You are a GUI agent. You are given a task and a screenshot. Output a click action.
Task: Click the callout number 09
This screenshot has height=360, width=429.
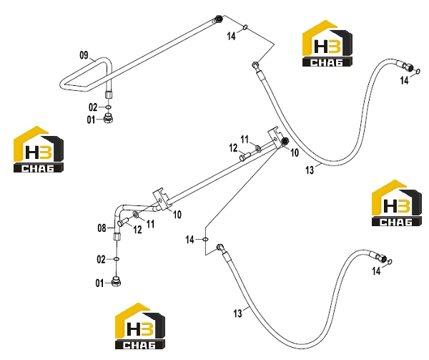[84, 55]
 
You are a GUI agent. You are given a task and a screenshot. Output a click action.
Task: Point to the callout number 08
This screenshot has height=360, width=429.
[102, 228]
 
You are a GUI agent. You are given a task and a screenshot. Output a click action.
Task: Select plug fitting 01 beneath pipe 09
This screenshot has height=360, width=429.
[109, 119]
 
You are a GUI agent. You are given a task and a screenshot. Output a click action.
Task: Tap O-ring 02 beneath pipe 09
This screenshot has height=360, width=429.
[109, 107]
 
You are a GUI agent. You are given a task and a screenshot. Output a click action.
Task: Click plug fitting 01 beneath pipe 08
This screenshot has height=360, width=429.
[117, 282]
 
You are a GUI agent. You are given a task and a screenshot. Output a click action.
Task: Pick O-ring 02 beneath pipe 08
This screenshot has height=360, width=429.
[117, 259]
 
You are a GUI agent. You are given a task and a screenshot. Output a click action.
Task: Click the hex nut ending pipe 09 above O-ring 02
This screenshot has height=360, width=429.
[108, 94]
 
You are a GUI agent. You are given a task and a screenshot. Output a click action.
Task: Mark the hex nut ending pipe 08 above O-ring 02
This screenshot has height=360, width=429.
[116, 236]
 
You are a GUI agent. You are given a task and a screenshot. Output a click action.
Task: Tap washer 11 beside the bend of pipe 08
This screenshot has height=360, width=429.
[136, 215]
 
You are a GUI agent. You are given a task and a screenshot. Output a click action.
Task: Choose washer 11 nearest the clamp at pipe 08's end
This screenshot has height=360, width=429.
[258, 149]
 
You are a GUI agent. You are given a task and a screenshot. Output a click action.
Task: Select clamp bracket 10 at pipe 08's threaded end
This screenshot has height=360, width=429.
[276, 137]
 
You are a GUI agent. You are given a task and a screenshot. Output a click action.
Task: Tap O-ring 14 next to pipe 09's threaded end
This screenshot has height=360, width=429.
[245, 27]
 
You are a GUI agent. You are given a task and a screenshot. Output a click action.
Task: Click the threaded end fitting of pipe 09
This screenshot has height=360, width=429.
[218, 19]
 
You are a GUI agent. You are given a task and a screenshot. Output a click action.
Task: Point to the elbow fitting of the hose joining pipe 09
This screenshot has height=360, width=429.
[255, 65]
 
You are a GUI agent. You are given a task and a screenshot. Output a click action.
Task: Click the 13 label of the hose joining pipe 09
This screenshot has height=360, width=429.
[310, 170]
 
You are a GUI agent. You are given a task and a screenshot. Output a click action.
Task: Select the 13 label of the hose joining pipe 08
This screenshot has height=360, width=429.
[238, 313]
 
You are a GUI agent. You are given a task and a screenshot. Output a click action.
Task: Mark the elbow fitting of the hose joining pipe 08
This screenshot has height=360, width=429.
[220, 248]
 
